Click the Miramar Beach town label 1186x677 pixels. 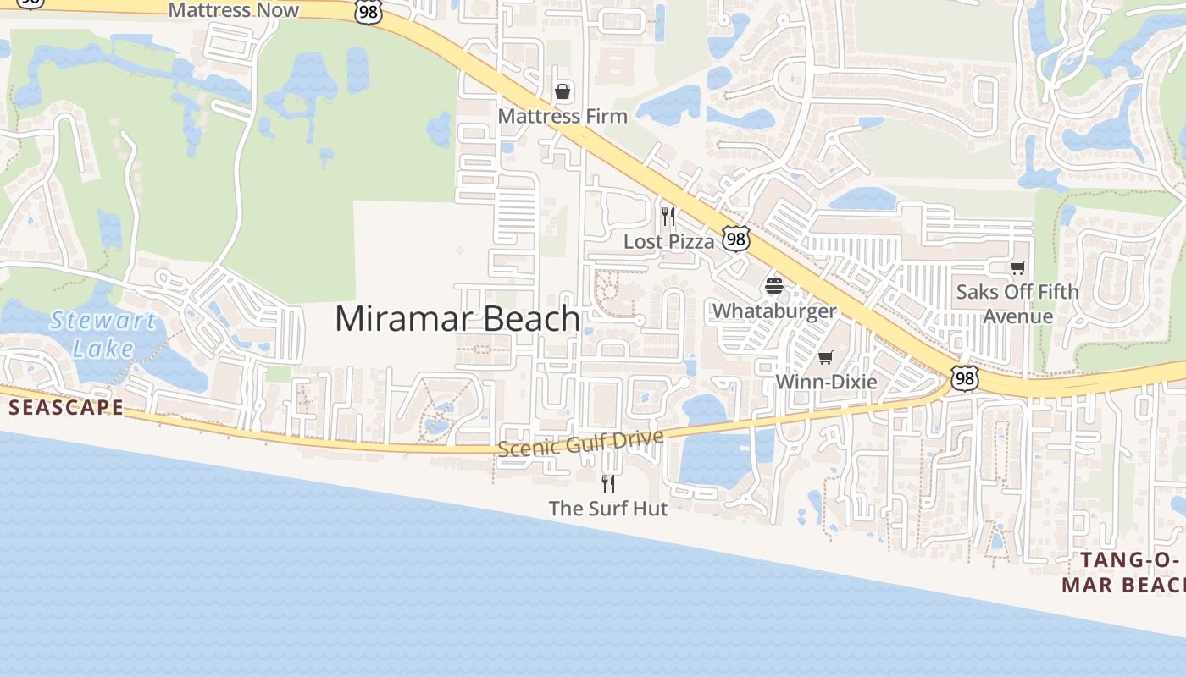[x=457, y=319]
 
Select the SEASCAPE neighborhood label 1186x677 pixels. [x=66, y=408]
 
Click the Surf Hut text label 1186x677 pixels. [x=608, y=509]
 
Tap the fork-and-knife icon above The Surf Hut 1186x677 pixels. [x=608, y=483]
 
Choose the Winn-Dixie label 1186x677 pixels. [x=826, y=382]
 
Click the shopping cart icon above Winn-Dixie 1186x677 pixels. [x=826, y=357]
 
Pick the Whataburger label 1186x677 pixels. [x=774, y=311]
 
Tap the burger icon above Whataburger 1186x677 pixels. [x=774, y=286]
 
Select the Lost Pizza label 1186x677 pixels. [x=669, y=241]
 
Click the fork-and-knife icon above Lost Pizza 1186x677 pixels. [x=668, y=216]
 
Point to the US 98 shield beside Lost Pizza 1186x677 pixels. [x=736, y=239]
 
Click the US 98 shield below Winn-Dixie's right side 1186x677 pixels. [x=964, y=378]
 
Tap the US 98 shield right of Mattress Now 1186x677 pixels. [x=369, y=11]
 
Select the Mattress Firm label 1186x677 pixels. [x=563, y=116]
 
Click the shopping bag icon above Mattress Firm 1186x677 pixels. [x=563, y=91]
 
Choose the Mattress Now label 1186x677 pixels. [x=234, y=10]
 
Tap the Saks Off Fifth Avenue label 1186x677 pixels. [x=1017, y=304]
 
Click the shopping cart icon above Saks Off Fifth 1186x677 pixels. [x=1017, y=268]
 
